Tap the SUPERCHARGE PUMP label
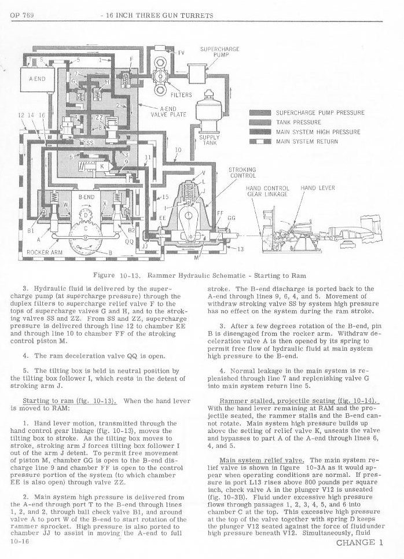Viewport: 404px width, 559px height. (219, 52)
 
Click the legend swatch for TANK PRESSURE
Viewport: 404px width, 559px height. (260, 122)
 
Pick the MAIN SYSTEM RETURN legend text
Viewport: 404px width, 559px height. (307, 141)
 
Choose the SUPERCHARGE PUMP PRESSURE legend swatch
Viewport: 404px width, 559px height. (260, 112)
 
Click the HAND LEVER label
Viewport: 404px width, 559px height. (317, 188)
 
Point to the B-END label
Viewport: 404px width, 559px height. (86, 197)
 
